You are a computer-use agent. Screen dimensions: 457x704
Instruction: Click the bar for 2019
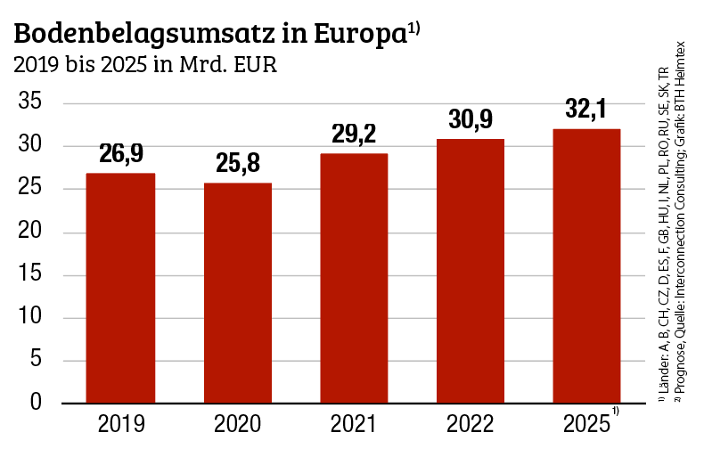[120, 288]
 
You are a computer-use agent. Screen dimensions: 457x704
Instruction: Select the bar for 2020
[237, 292]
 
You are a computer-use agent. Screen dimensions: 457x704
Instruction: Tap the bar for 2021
[354, 278]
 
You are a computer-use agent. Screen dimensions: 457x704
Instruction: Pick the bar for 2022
[470, 271]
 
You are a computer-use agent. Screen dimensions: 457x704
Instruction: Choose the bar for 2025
[586, 265]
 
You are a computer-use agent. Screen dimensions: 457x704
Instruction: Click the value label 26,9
[120, 154]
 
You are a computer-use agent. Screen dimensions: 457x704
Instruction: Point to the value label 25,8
[237, 164]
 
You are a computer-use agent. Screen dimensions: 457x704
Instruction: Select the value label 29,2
[354, 135]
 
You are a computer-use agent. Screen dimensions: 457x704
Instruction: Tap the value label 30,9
[470, 119]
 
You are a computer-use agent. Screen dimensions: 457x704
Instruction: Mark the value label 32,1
[586, 110]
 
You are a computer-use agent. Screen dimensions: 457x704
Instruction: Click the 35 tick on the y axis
[31, 103]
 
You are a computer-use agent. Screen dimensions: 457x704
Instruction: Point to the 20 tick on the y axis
[31, 232]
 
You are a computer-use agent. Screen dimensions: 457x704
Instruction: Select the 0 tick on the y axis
[37, 403]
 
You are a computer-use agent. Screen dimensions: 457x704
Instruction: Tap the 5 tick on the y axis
[37, 360]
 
